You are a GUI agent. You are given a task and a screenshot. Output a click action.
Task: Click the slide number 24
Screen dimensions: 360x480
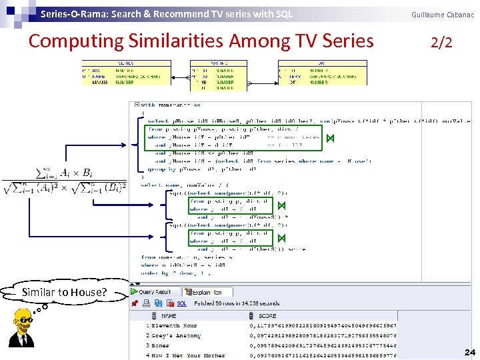click(469, 352)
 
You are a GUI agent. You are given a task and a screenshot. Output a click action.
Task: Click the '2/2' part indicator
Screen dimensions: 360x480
click(441, 43)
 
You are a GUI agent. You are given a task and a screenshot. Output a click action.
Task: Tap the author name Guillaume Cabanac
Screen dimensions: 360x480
click(443, 14)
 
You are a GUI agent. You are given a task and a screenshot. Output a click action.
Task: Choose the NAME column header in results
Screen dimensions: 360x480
click(169, 315)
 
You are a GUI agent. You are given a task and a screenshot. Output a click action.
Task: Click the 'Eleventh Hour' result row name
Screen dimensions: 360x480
click(174, 325)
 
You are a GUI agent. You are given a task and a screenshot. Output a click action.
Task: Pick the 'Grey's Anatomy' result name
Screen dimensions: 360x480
click(176, 335)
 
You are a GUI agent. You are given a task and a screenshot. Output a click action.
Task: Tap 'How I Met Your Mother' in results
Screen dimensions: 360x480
click(182, 355)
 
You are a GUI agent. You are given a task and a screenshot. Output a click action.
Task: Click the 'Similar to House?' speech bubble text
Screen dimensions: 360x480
click(64, 292)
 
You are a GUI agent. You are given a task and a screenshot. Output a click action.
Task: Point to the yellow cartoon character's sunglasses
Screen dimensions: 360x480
click(26, 321)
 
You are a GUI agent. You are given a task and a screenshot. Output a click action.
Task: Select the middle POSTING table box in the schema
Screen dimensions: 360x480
click(218, 73)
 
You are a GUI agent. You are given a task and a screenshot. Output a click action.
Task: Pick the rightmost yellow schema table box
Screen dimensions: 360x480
click(321, 73)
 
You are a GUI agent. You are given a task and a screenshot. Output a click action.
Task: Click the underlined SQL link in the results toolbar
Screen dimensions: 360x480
click(181, 303)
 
